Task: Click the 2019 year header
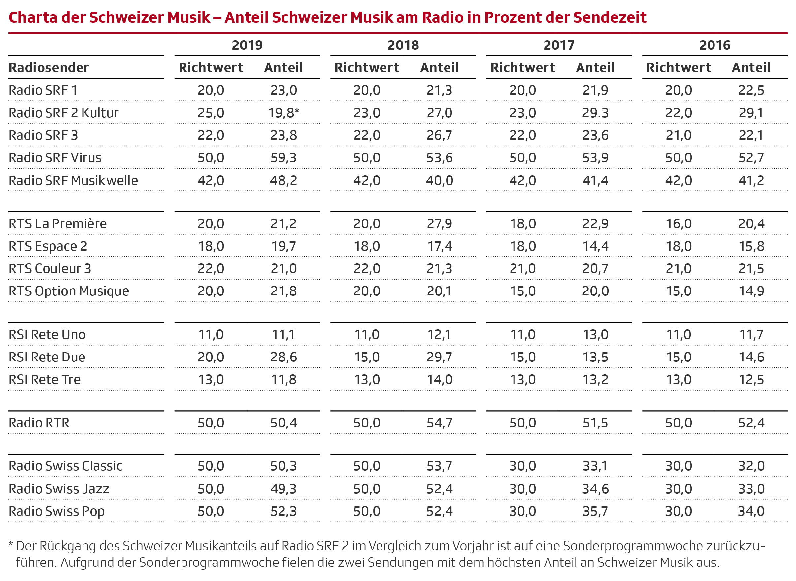pyautogui.click(x=247, y=45)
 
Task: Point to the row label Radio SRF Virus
pyautogui.click(x=55, y=157)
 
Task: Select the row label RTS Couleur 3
pyautogui.click(x=50, y=269)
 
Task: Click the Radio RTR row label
pyautogui.click(x=39, y=423)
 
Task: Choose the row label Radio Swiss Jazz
pyautogui.click(x=59, y=489)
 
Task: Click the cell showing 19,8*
pyautogui.click(x=283, y=113)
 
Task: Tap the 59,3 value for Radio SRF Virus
pyautogui.click(x=283, y=157)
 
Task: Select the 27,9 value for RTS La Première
pyautogui.click(x=439, y=224)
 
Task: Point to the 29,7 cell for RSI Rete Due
pyautogui.click(x=439, y=357)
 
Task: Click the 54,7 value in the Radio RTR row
pyautogui.click(x=439, y=423)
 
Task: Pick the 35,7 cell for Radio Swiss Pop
pyautogui.click(x=595, y=511)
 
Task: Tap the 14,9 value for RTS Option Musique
pyautogui.click(x=751, y=291)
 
